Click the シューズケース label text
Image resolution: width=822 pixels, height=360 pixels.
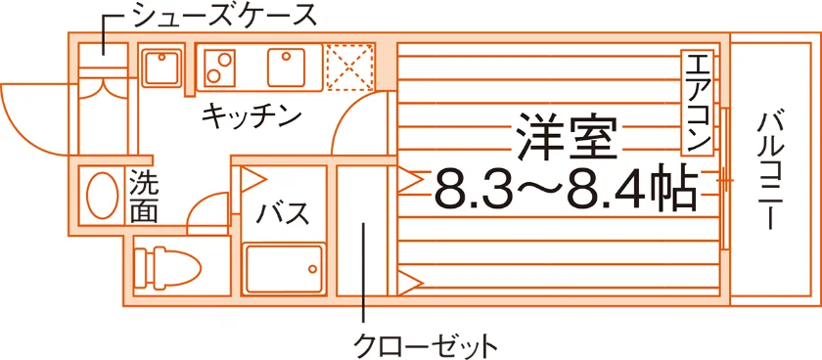point(225,16)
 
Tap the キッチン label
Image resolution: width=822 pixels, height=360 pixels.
point(251,115)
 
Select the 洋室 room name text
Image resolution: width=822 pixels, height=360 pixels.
point(566,137)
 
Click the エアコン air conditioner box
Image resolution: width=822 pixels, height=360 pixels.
point(697,103)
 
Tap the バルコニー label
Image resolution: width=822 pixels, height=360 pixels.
point(769,171)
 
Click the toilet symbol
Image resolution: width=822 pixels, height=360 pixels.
point(167,268)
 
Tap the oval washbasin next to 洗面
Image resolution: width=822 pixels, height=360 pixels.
point(102,195)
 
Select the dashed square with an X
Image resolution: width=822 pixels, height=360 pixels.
point(349,67)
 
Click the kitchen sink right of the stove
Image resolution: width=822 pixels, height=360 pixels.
point(287,67)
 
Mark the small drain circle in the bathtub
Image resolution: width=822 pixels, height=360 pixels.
point(312,269)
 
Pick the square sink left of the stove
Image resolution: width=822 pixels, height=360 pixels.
point(163,67)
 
